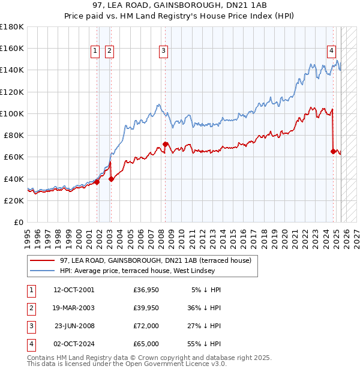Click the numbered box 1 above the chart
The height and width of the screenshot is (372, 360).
pyautogui.click(x=95, y=52)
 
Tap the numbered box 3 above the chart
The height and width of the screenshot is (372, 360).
pyautogui.click(x=163, y=52)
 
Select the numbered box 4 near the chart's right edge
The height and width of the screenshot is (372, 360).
pyautogui.click(x=331, y=52)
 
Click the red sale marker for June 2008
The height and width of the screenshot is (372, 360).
pyautogui.click(x=165, y=144)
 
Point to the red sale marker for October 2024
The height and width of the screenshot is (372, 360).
pyautogui.click(x=333, y=151)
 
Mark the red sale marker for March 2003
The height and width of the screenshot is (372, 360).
pyautogui.click(x=111, y=178)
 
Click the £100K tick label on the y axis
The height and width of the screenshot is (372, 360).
pyautogui.click(x=12, y=113)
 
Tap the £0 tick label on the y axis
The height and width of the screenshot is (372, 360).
pyautogui.click(x=18, y=223)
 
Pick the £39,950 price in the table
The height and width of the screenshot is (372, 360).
pyautogui.click(x=146, y=308)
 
